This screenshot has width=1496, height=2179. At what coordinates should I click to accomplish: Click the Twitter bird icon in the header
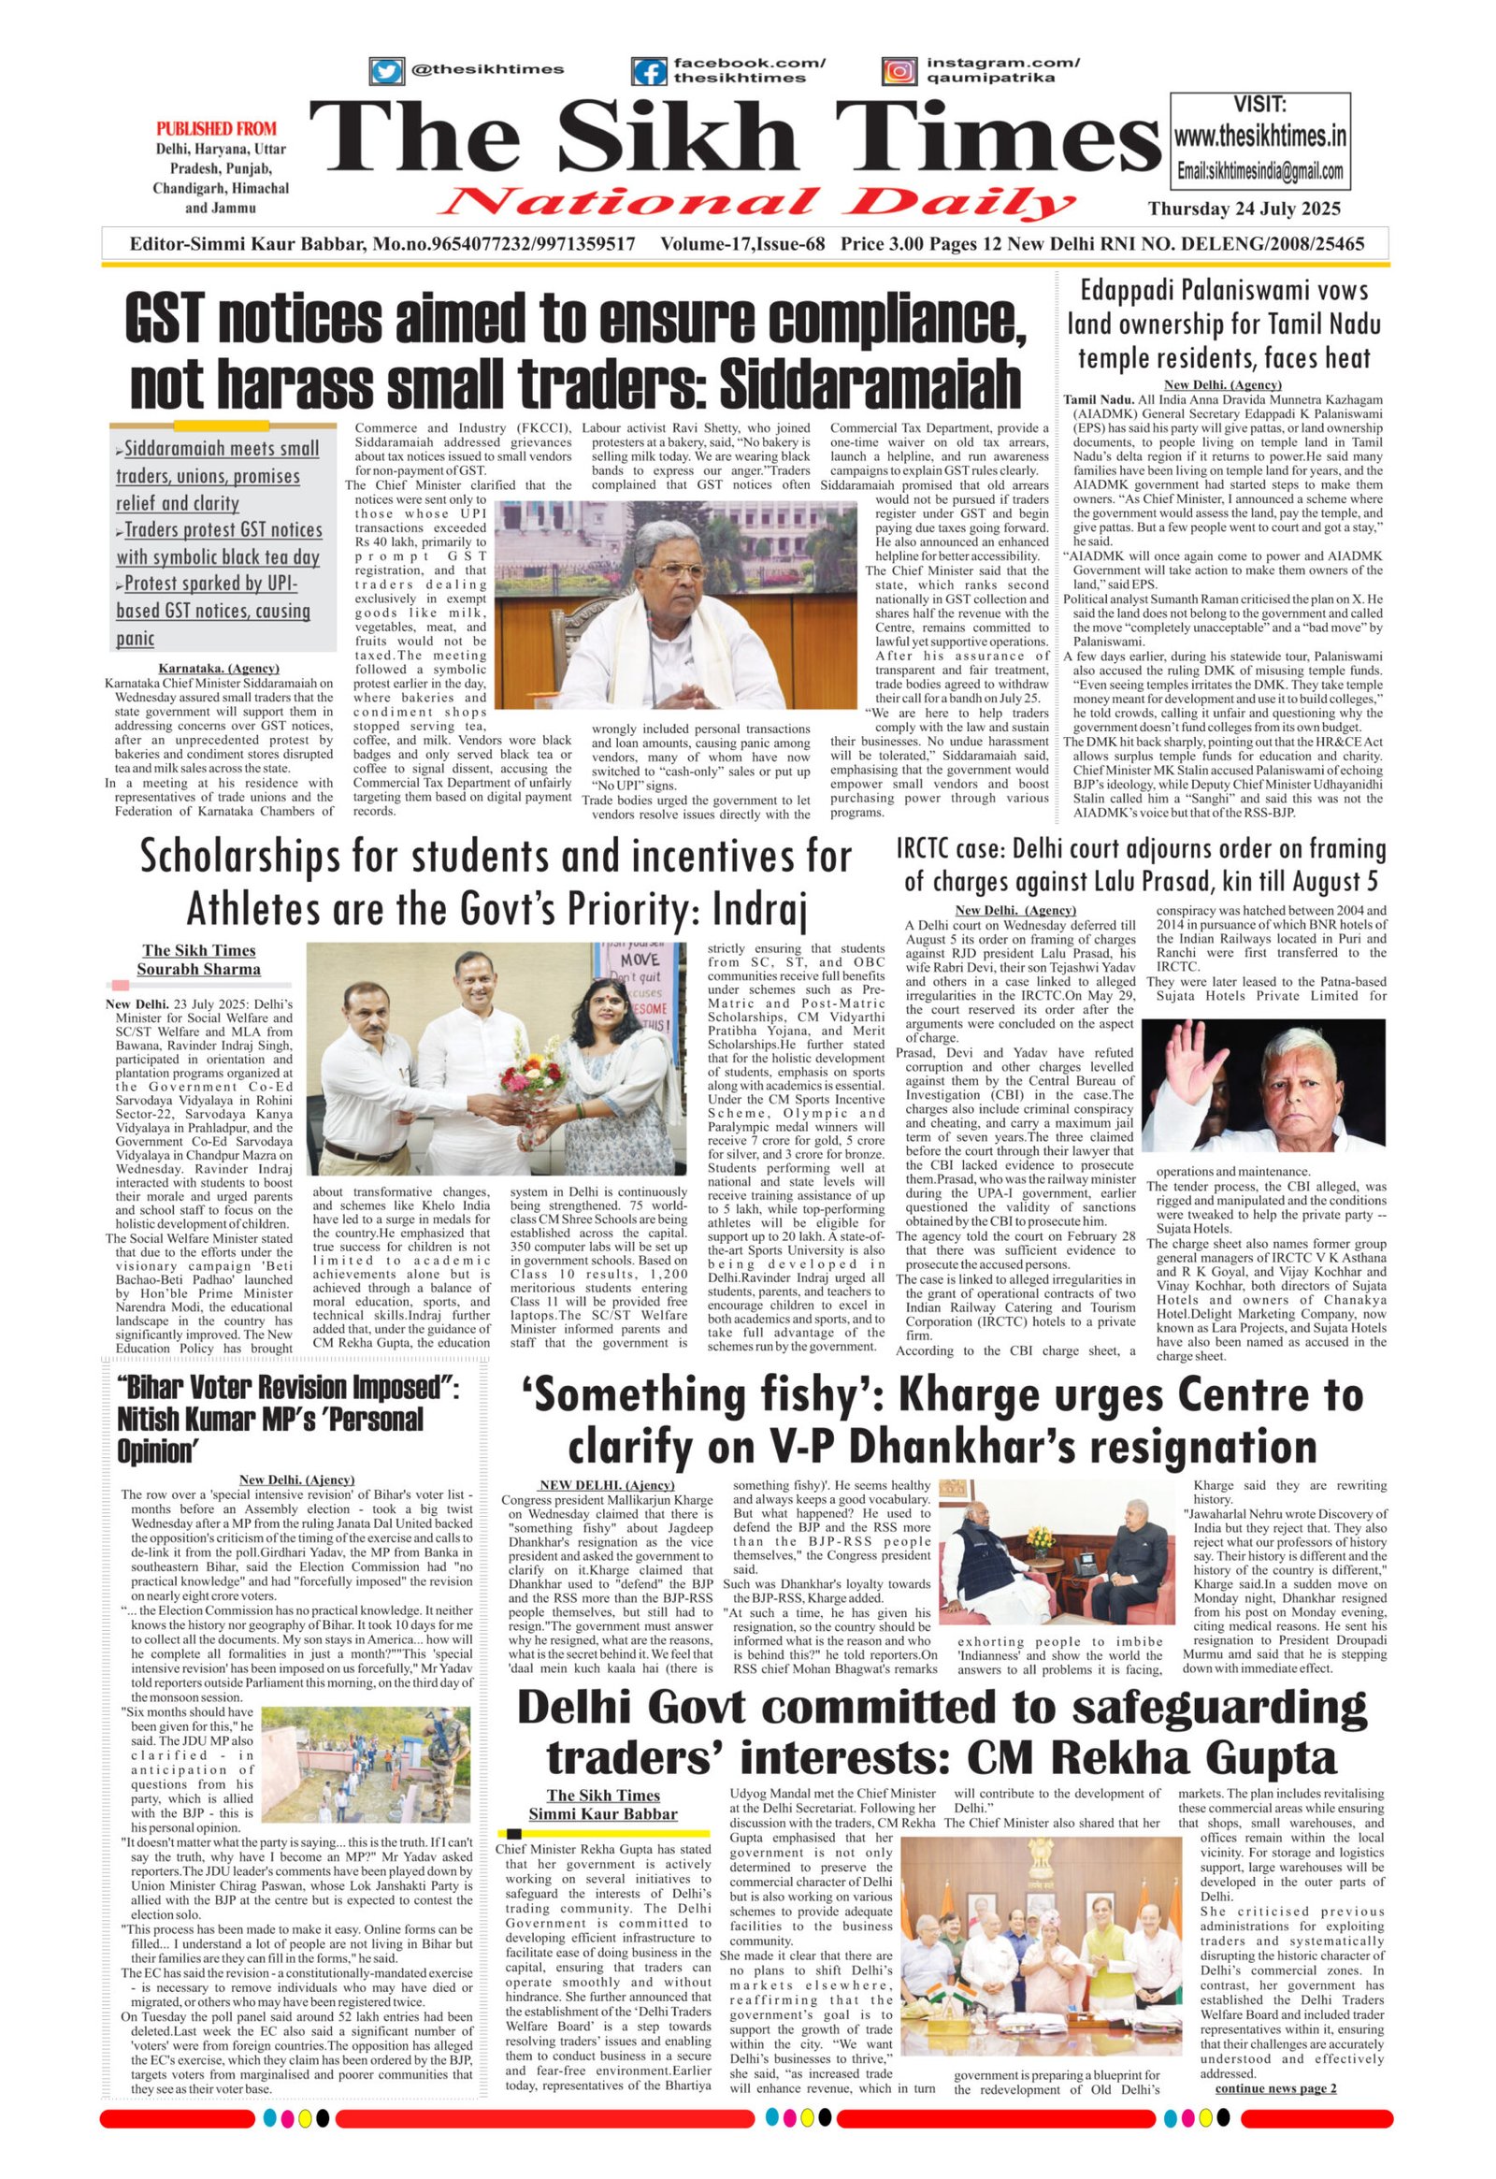point(385,70)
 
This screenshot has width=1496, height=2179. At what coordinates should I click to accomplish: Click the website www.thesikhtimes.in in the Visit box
point(1259,137)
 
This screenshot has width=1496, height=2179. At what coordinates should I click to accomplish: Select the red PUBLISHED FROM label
point(217,128)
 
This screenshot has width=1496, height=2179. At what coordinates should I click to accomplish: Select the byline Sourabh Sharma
point(199,970)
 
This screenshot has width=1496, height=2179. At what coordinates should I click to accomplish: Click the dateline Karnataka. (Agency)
point(219,669)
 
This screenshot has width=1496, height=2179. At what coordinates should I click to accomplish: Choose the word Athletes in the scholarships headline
point(256,909)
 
